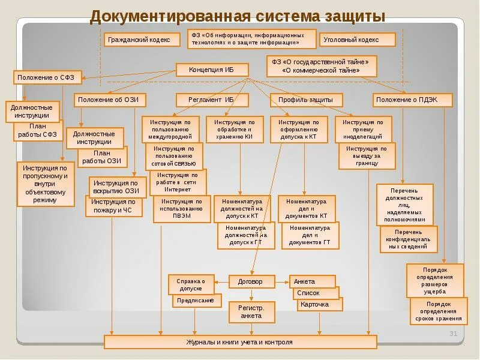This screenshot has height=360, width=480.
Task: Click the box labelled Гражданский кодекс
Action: coord(143,40)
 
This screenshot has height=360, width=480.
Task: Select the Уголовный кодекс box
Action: coord(358,40)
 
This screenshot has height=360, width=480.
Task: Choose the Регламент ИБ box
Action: coord(211,100)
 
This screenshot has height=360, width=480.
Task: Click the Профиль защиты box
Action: coord(306,100)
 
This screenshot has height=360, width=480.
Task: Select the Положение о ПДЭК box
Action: coord(412,100)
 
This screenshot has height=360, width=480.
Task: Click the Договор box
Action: coord(251,281)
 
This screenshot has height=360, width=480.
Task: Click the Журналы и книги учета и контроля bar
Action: coord(240,342)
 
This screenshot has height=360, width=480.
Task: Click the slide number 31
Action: coord(454,334)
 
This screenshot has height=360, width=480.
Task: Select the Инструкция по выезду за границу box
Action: coord(367,156)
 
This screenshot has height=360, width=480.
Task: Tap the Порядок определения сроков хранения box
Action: coord(438,311)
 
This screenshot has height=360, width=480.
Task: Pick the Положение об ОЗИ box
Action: coord(110,100)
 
